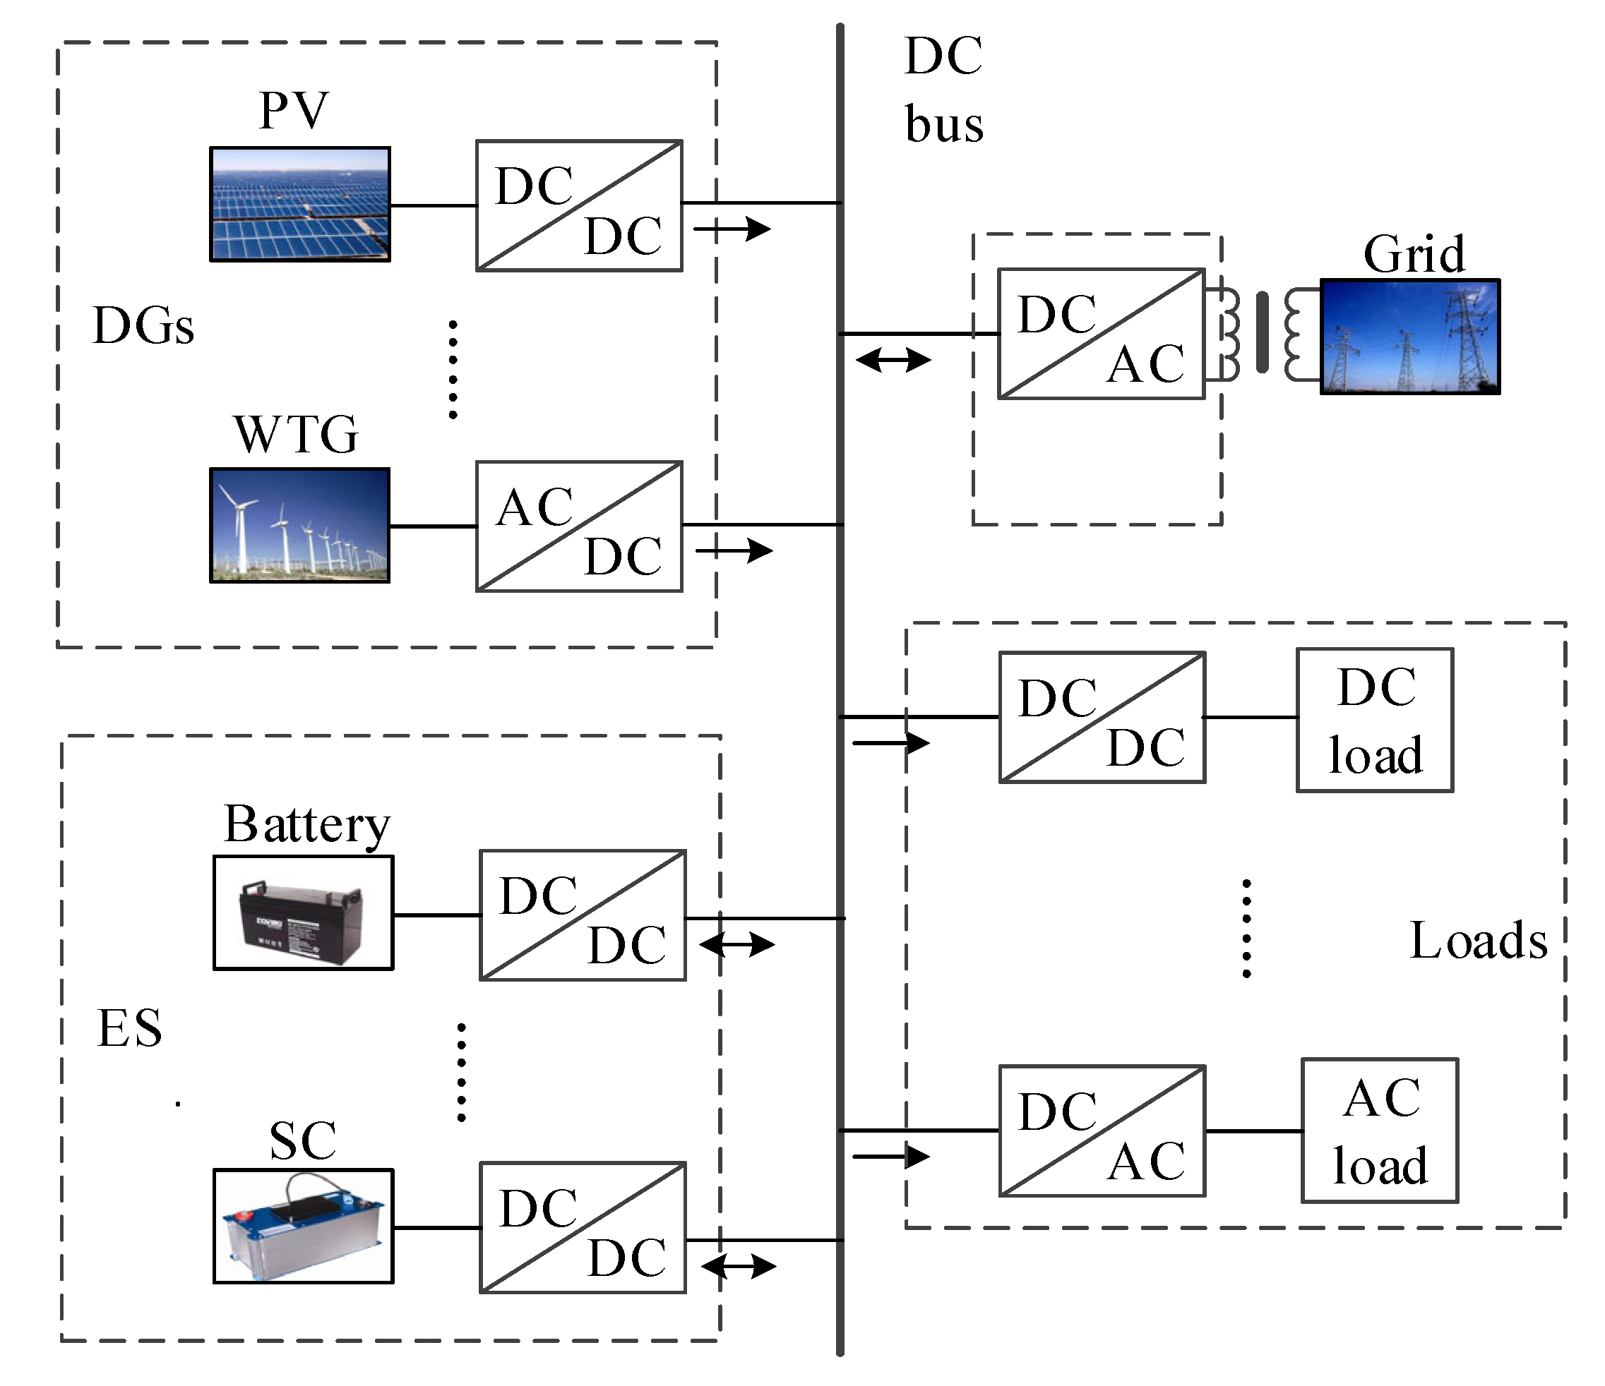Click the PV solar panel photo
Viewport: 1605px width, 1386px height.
pos(300,205)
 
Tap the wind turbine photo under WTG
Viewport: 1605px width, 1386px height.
pos(300,526)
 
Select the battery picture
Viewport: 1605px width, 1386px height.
pos(304,913)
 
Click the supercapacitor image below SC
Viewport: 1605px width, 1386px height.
pos(304,1226)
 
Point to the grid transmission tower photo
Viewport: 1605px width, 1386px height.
pos(1410,337)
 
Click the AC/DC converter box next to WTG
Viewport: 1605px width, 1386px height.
pos(578,526)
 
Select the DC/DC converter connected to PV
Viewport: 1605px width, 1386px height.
pos(578,205)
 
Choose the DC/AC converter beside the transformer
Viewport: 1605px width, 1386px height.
pos(1101,334)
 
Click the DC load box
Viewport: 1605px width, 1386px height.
pos(1375,720)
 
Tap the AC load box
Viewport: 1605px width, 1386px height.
pos(1380,1131)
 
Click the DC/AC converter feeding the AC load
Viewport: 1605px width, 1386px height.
pos(1102,1131)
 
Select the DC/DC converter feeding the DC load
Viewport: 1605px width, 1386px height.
pos(1102,718)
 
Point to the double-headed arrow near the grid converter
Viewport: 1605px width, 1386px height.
pos(893,360)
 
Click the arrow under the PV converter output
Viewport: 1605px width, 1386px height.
pos(732,229)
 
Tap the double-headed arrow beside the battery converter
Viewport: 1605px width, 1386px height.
pos(736,945)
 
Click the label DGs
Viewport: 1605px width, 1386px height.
pos(143,325)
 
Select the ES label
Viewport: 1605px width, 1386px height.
pos(129,1028)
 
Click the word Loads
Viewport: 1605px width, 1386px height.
pos(1478,941)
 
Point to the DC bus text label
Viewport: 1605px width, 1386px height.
pos(943,90)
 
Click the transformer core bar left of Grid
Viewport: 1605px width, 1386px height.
pos(1262,332)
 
